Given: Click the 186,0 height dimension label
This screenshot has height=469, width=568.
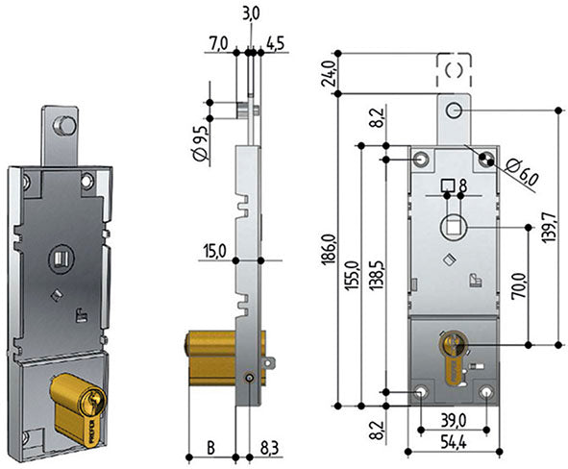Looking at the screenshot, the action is click(328, 249).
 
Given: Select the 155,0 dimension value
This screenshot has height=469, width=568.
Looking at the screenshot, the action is click(352, 275).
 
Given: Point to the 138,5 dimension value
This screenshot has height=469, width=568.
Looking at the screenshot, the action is click(376, 274).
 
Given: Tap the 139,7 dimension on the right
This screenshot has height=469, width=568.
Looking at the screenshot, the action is click(550, 227).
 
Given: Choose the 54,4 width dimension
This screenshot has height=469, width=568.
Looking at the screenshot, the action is click(454, 442).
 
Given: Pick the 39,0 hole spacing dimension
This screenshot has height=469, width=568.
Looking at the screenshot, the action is click(454, 421).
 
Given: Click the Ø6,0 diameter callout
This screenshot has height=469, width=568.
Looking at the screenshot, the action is click(522, 172).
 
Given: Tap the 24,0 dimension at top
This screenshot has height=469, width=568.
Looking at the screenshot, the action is click(328, 73).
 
